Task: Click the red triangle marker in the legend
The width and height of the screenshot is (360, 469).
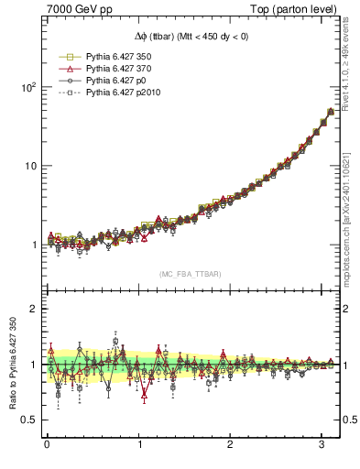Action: coord(66,68)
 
